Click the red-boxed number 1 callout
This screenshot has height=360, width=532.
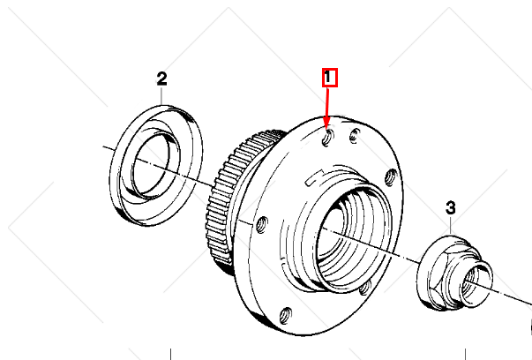328,78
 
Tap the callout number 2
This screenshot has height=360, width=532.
161,79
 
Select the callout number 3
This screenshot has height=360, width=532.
450,208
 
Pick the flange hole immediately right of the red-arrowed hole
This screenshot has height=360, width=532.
354,136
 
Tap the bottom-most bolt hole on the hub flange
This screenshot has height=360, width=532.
286,314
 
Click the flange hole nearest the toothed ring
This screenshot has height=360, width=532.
259,224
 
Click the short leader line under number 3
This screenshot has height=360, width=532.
451,223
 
